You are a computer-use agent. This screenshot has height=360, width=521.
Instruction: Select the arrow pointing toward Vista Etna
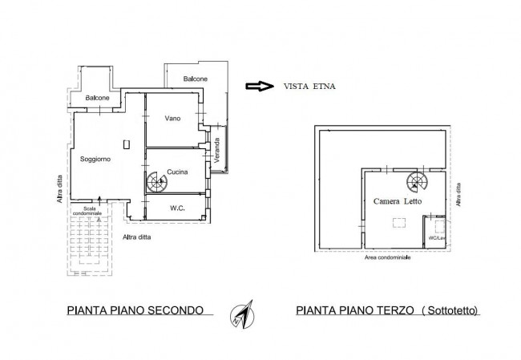[256, 86]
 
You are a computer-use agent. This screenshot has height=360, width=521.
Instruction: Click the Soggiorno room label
[95, 159]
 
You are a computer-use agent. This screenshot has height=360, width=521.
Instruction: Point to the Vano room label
[172, 119]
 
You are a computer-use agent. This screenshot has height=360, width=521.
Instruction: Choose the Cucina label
[178, 170]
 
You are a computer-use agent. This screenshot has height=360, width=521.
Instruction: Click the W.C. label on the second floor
[178, 208]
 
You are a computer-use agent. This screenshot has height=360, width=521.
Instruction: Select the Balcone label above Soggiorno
[98, 99]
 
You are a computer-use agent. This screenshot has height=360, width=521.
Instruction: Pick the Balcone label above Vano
[195, 79]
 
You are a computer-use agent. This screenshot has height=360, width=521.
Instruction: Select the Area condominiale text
[388, 258]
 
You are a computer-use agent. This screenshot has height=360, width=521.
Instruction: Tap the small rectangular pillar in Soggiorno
[126, 144]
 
